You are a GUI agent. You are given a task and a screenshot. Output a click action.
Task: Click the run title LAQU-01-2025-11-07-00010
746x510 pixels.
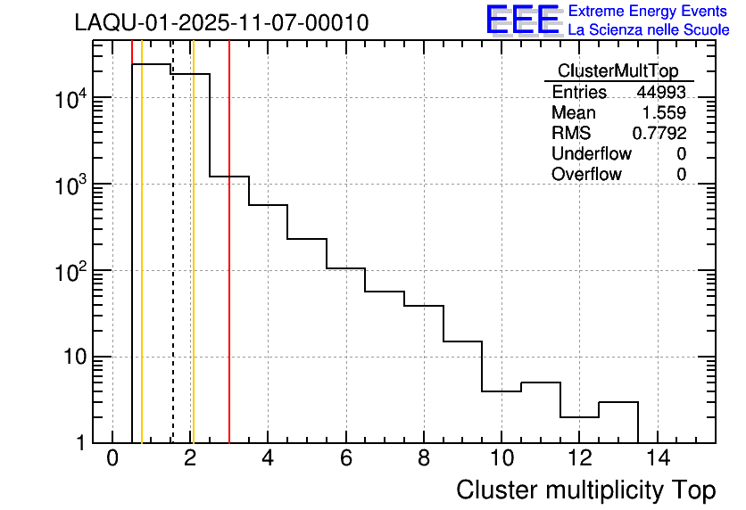221,22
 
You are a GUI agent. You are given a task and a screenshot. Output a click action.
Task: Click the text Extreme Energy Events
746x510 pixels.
649,12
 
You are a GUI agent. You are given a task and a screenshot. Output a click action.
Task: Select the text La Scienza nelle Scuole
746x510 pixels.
649,30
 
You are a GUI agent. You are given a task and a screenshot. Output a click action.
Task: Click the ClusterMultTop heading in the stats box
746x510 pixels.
618,71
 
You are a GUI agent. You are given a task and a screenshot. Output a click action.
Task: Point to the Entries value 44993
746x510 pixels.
660,93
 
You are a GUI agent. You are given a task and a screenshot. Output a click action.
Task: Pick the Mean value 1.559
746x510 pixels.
664,113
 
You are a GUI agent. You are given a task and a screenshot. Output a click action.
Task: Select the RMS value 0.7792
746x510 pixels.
659,134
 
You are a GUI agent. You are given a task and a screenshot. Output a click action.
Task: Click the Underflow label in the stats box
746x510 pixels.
593,154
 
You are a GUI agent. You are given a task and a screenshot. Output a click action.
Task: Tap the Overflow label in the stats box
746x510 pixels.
586,175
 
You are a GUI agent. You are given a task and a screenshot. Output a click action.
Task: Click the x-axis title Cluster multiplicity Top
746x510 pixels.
586,490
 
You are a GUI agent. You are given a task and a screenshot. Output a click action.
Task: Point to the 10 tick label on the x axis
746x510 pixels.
501,458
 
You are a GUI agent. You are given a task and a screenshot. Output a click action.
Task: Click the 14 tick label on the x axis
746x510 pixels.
657,458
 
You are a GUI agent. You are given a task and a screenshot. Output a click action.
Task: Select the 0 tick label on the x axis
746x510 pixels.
112,458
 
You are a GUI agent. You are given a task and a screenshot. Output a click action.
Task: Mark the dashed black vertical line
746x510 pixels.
172,267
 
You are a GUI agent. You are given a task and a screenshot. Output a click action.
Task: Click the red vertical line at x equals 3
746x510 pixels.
229,267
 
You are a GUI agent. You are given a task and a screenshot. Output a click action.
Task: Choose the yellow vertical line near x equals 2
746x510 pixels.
193,267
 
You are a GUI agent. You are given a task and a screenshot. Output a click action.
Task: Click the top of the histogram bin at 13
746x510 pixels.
618,402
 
